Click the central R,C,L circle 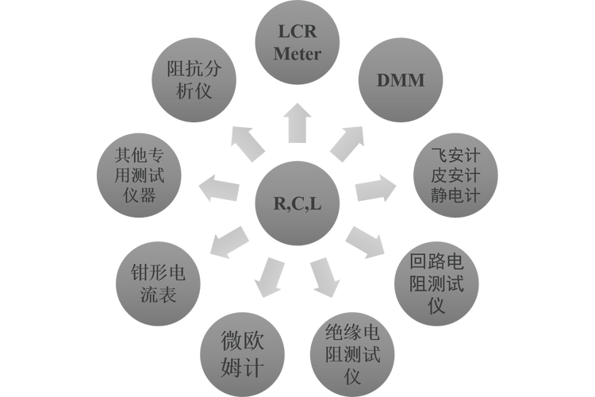click(x=297, y=202)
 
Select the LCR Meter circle click(x=297, y=44)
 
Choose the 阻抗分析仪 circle click(x=194, y=79)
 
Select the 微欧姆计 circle click(x=241, y=354)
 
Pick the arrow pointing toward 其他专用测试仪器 click(x=219, y=188)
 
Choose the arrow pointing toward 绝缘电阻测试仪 click(x=324, y=277)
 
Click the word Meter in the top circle click(x=297, y=55)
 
